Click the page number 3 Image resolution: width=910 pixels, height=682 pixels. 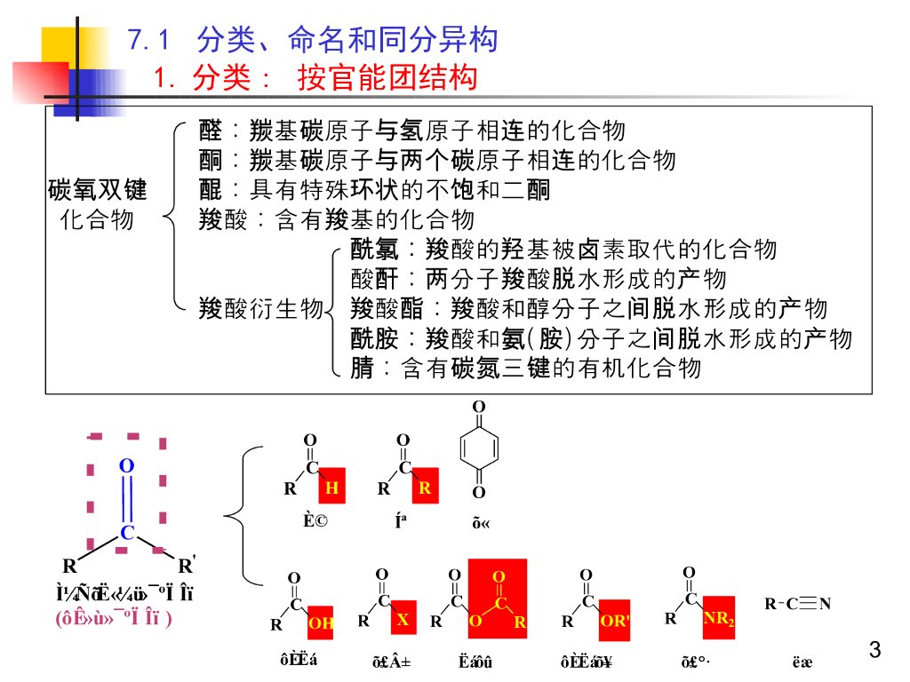coord(874,650)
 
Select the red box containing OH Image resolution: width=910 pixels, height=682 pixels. coord(321,623)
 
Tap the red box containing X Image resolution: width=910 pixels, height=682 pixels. coord(403,618)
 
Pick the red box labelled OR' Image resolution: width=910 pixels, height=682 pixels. coord(614,620)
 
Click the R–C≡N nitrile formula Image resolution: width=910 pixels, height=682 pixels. coord(797,605)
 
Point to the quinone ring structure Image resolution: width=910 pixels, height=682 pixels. coord(478,449)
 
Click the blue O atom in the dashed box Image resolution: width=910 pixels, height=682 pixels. coord(126,466)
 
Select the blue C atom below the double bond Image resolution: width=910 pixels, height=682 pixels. coord(127,533)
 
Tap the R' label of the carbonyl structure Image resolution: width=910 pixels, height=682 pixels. coord(187,566)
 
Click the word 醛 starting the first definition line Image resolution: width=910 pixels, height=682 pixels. coord(211,131)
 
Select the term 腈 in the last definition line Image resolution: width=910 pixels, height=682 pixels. coord(362,368)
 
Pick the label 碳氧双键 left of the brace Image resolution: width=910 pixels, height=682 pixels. coord(97,190)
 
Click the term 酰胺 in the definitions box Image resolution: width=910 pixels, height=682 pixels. coord(374,338)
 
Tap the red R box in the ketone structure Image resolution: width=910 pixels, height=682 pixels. coord(425,488)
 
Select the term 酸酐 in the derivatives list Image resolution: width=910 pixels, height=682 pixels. coord(374,279)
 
